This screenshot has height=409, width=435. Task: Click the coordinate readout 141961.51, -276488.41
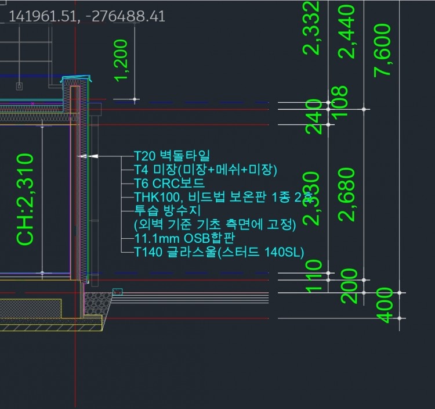click(87, 16)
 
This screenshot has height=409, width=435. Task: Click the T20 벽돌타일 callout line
click(172, 156)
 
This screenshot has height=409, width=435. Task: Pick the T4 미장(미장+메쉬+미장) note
click(206, 170)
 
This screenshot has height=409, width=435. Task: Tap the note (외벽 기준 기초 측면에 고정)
click(215, 224)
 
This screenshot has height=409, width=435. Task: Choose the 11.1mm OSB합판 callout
click(185, 238)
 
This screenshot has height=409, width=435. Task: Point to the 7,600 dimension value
click(383, 49)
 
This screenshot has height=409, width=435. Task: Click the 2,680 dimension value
click(348, 194)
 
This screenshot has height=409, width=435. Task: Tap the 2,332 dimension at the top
click(313, 27)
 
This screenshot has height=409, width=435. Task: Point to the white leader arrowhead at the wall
click(84, 156)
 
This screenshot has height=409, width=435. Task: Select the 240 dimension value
click(314, 117)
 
